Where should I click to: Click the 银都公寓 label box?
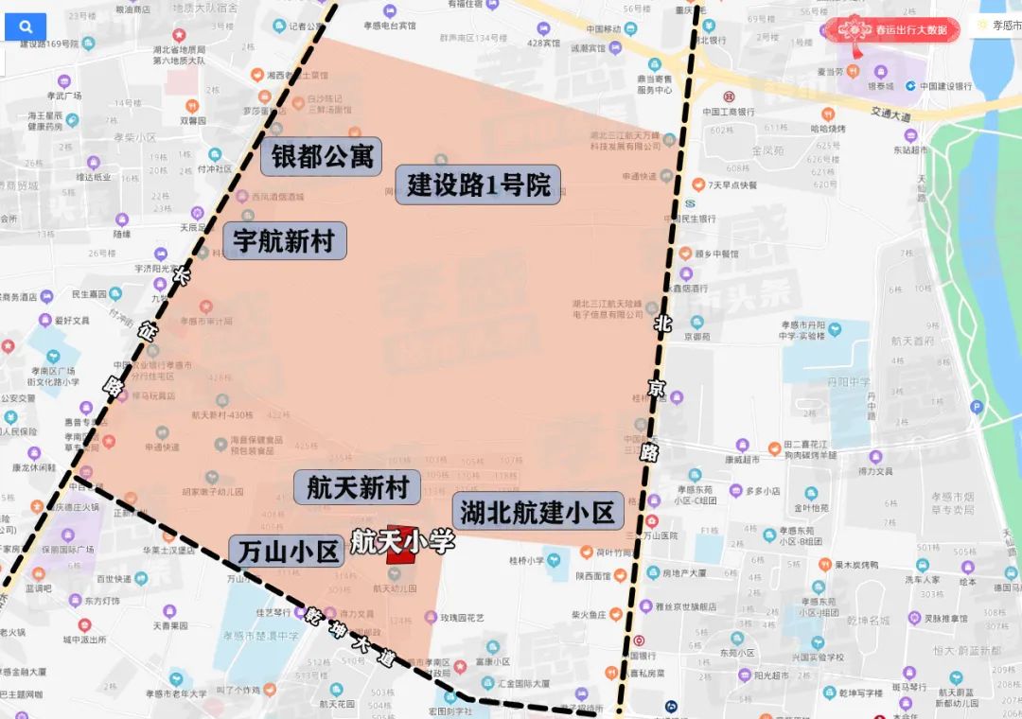[x=322, y=156]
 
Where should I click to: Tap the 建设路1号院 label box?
[x=479, y=184]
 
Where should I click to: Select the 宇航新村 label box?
[x=284, y=241]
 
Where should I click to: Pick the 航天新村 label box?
[x=357, y=488]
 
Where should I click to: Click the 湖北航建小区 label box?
[x=537, y=512]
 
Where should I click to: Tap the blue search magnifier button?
[x=26, y=26]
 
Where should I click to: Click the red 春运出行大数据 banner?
[x=891, y=29]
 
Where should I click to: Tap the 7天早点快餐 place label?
[x=731, y=184]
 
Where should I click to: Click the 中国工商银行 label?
[x=728, y=112]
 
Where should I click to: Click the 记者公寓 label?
[x=308, y=26]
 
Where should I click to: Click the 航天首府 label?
[x=912, y=341]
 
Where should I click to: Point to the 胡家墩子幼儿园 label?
[x=211, y=492]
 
